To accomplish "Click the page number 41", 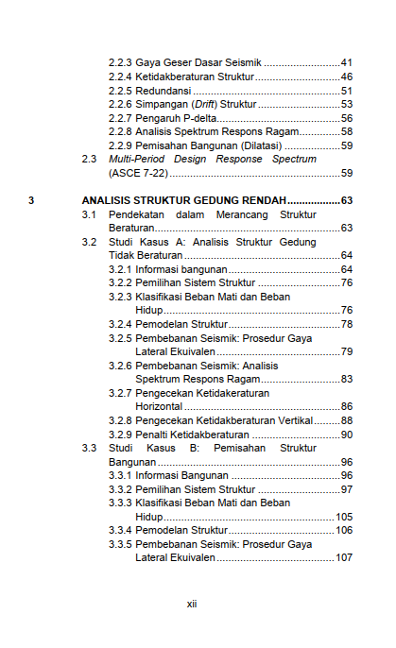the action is (346, 62).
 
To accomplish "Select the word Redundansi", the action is (163, 91).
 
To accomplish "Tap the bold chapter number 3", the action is (32, 201).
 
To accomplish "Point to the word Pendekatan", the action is (138, 215).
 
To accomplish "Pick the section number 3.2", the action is (90, 243).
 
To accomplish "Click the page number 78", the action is (346, 325).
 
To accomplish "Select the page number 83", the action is (346, 380).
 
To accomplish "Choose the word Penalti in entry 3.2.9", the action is (152, 435).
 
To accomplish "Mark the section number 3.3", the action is (90, 449).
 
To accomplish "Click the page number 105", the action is (343, 517).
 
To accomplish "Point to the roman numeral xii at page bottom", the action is (192, 604).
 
